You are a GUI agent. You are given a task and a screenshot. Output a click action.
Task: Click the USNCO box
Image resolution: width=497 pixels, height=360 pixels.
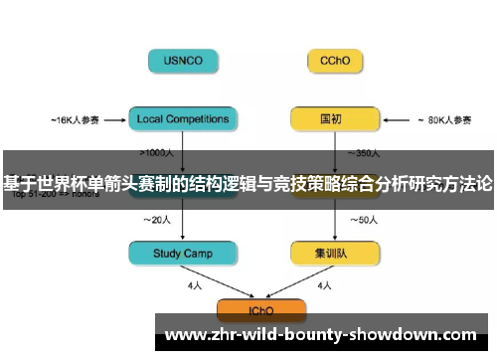pyautogui.click(x=183, y=60)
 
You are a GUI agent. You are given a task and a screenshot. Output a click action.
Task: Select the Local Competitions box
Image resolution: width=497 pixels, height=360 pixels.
pyautogui.click(x=183, y=119)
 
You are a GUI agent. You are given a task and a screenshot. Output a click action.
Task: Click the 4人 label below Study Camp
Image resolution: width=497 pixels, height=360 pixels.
pyautogui.click(x=196, y=285)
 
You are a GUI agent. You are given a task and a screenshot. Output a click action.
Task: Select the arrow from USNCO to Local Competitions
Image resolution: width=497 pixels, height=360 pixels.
pyautogui.click(x=183, y=90)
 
